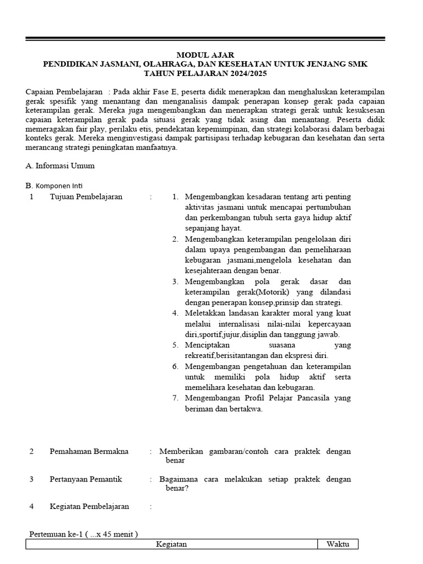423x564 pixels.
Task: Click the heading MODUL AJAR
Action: [205, 55]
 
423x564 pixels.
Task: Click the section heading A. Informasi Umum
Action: [61, 165]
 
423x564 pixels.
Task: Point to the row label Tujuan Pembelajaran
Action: [86, 197]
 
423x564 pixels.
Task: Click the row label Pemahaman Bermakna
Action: [89, 451]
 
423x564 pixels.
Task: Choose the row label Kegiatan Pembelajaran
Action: [89, 506]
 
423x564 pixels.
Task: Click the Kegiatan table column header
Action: [171, 544]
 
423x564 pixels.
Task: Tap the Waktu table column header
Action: [338, 544]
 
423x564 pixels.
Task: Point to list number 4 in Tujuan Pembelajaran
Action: [175, 313]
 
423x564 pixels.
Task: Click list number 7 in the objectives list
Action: [175, 398]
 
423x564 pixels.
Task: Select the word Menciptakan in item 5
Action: [209, 345]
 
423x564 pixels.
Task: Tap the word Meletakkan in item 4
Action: [207, 313]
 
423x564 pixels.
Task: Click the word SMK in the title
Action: [357, 64]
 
